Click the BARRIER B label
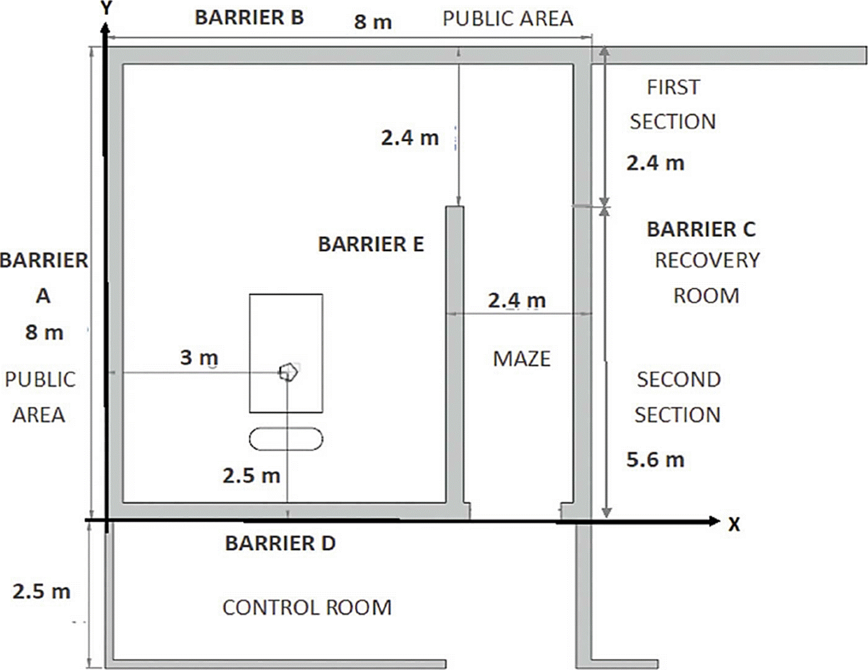tap(249, 18)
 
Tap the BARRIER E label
tap(371, 244)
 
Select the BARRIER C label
tap(701, 229)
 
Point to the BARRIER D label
tap(280, 543)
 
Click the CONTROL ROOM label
tap(307, 608)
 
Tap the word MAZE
tap(522, 358)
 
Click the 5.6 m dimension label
tap(655, 460)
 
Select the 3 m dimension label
tap(199, 357)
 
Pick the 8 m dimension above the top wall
tap(373, 22)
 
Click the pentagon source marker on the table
tap(289, 372)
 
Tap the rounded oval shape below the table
tap(286, 439)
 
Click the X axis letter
tap(734, 524)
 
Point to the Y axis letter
tap(106, 8)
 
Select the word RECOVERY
tap(707, 260)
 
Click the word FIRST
tap(673, 87)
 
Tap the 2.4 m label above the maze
tap(517, 300)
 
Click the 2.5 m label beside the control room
tap(41, 591)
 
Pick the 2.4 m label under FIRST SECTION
tap(655, 163)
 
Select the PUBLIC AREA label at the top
tap(508, 18)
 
